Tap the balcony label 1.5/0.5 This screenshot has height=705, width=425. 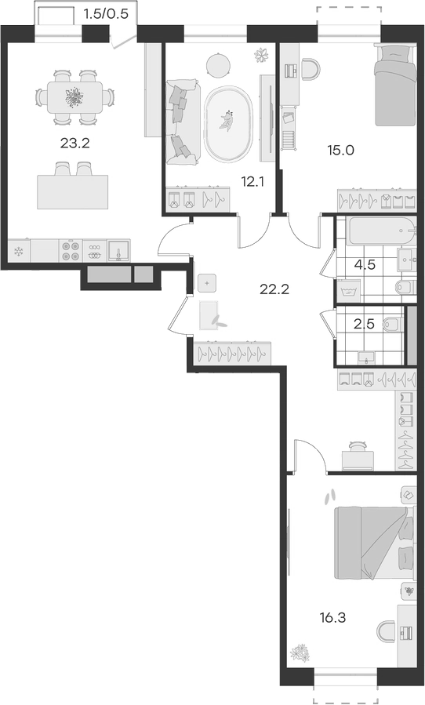coord(105,13)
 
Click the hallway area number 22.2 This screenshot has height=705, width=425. coord(274,289)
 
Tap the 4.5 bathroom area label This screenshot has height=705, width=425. coord(365,264)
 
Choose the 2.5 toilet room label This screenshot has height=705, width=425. coord(365,324)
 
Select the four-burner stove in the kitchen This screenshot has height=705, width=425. coord(70,250)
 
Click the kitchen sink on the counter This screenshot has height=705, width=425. coord(119,250)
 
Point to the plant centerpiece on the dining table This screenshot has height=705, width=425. coord(75,97)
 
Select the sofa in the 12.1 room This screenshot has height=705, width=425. coord(181,120)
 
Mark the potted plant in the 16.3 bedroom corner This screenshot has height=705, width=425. coord(300,652)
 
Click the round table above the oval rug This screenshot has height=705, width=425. coord(217,62)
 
